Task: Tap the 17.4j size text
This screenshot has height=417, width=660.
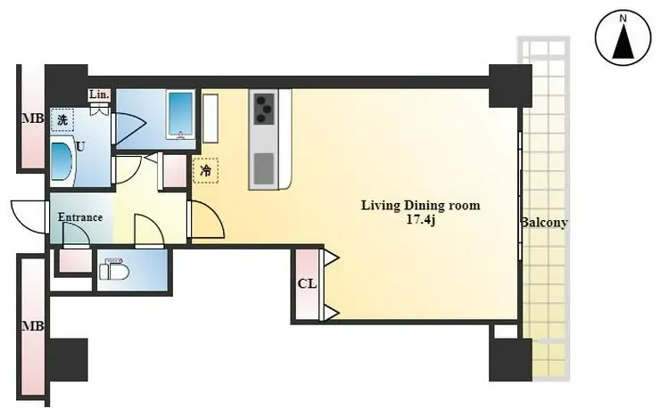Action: point(420,220)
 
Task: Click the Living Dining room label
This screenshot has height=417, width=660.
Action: point(421,206)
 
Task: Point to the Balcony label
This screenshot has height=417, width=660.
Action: point(544,223)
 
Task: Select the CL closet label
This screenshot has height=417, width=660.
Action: point(308,284)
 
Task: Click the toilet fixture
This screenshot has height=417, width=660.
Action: point(114,269)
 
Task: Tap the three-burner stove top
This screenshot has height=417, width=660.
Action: point(264,109)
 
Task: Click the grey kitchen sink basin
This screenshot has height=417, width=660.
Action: point(264,169)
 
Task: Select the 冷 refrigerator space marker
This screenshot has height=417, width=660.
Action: point(205,171)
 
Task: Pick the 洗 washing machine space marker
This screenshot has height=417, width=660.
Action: point(62,120)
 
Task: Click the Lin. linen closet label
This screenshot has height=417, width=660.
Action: point(99,95)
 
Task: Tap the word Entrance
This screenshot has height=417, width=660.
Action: point(80,217)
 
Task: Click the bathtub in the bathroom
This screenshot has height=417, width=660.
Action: point(181,114)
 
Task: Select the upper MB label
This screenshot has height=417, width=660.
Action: point(33,119)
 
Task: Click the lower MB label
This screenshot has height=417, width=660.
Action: point(33,326)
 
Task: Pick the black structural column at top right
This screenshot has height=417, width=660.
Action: point(510,86)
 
